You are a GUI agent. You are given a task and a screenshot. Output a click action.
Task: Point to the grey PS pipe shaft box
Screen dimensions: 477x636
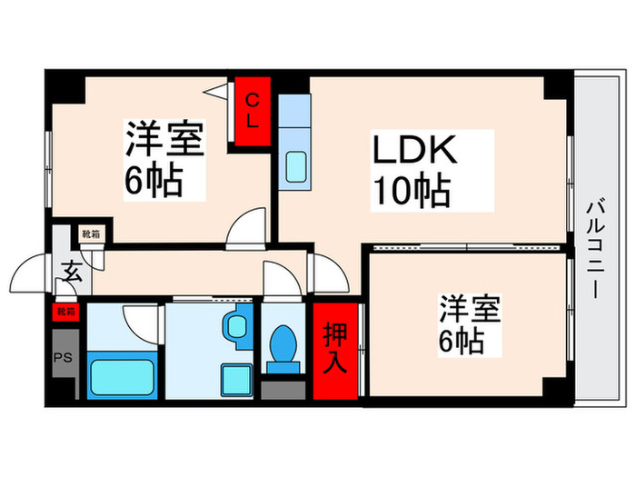[x=63, y=357]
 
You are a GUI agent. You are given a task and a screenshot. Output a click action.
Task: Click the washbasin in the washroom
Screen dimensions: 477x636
[x=239, y=324]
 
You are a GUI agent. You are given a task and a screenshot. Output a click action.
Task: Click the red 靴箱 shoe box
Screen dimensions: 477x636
[x=66, y=311]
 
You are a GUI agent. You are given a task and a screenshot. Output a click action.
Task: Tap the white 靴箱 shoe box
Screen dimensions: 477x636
[x=92, y=234]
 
